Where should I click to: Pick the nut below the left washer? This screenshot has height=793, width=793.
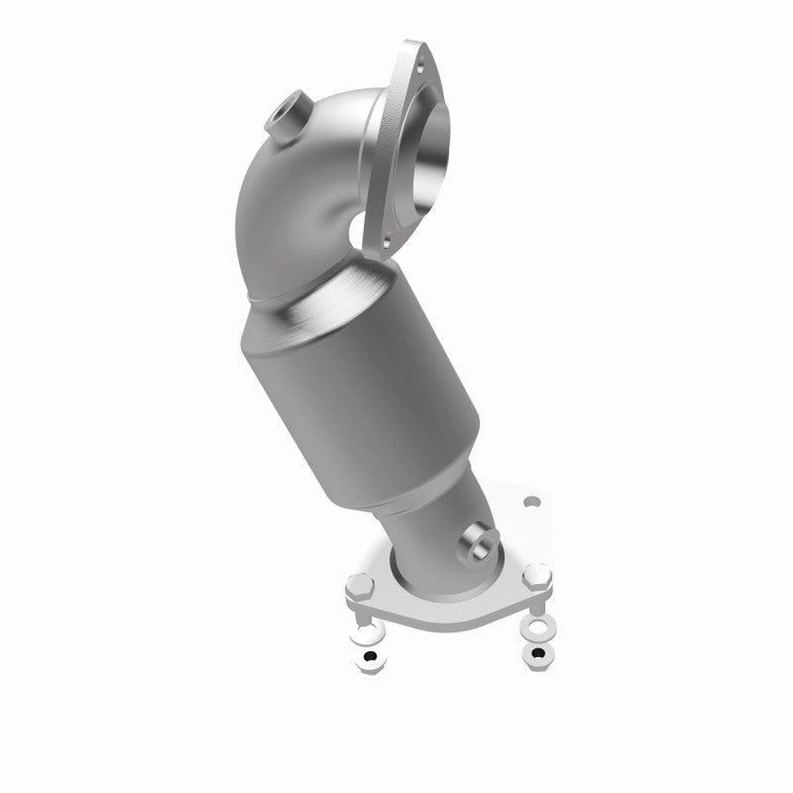click(369, 658)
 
